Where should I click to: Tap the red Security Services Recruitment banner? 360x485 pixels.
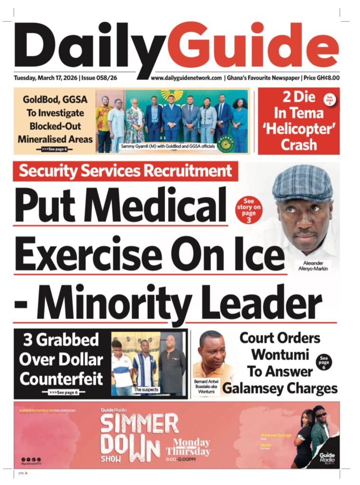pos(125,171)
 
